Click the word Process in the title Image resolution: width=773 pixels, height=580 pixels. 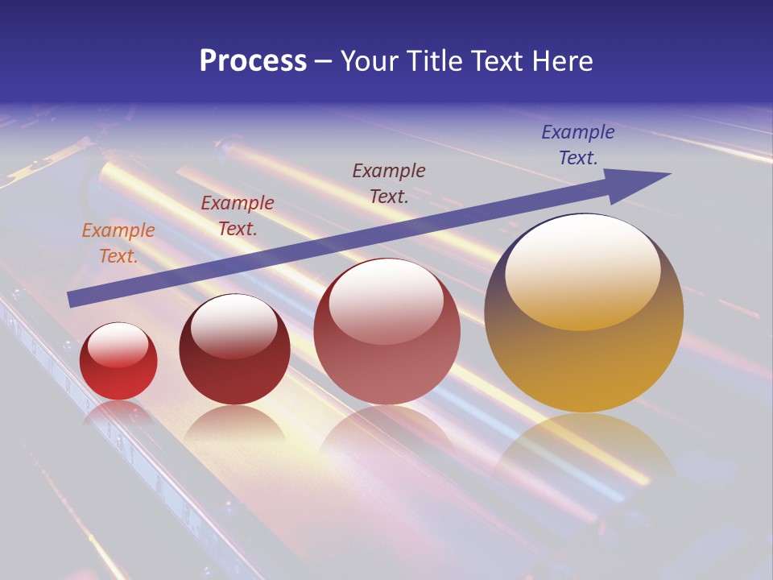[x=253, y=61]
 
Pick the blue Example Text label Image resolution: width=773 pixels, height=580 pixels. [x=578, y=145]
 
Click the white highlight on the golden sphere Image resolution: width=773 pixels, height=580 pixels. [x=583, y=270]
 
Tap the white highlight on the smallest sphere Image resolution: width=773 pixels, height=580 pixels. [x=118, y=344]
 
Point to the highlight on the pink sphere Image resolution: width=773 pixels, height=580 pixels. [x=386, y=300]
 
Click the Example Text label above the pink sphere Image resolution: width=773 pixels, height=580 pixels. [x=389, y=183]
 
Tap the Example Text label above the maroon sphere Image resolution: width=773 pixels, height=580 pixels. [x=238, y=216]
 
